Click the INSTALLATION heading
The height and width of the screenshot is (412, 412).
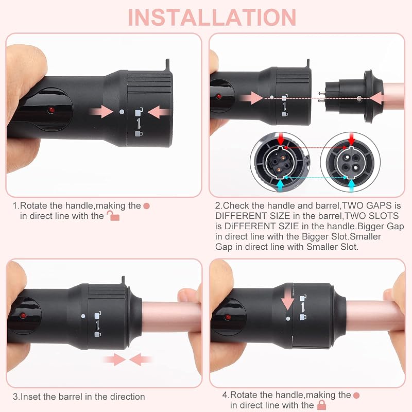point(212,18)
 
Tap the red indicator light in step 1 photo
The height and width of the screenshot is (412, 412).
point(51,110)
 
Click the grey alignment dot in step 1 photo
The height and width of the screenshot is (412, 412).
point(122,112)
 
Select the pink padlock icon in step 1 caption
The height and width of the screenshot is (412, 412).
point(113,216)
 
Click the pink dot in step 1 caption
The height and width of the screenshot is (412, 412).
point(147,206)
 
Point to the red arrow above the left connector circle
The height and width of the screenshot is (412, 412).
point(281,139)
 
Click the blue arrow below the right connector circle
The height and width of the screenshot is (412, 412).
point(351,185)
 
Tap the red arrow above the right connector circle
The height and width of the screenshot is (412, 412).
point(351,139)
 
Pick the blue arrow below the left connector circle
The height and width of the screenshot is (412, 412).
point(281,185)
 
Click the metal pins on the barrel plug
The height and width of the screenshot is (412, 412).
point(321,97)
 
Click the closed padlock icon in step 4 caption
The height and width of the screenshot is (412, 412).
point(322,405)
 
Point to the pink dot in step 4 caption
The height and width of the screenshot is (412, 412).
point(356,395)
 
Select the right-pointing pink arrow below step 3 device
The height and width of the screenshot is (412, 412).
point(115,359)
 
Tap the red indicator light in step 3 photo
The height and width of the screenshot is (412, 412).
point(23,315)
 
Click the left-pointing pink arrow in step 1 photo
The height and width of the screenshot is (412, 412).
point(159,112)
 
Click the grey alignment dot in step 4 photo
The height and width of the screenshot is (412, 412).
point(288,319)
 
